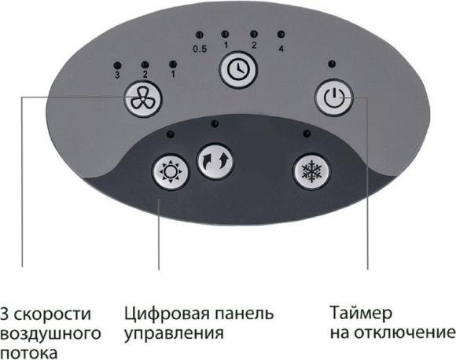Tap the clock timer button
pyautogui.click(x=238, y=70)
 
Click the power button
pyautogui.click(x=334, y=97)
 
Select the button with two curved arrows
pyautogui.click(x=215, y=160)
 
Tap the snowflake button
pyautogui.click(x=311, y=171)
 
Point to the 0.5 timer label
pyautogui.click(x=200, y=49)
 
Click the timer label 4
pyautogui.click(x=281, y=49)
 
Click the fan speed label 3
pyautogui.click(x=117, y=75)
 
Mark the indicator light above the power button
pyautogui.click(x=333, y=64)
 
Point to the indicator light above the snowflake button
pyautogui.click(x=307, y=134)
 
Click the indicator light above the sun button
pyautogui.click(x=171, y=134)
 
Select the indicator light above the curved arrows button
pyautogui.click(x=215, y=124)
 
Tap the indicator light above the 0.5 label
pyautogui.click(x=200, y=35)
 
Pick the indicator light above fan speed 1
pyautogui.click(x=173, y=64)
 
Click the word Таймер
pyautogui.click(x=361, y=313)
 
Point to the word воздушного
pyautogui.click(x=50, y=334)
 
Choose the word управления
pyautogui.click(x=175, y=334)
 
